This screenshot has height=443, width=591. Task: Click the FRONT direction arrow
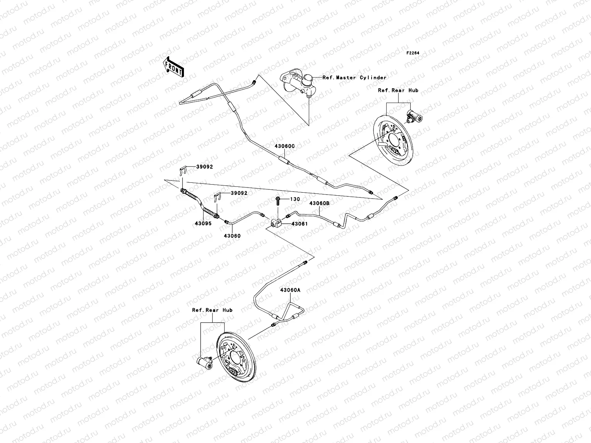click(173, 67)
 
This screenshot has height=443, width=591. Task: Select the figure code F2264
click(413, 53)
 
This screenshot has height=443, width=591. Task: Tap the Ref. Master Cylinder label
click(354, 78)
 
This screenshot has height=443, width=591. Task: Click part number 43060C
click(284, 146)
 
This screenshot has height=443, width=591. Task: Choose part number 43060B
click(320, 203)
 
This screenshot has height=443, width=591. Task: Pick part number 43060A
click(290, 290)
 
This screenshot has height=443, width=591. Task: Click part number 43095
click(203, 223)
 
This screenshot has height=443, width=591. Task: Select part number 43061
click(300, 224)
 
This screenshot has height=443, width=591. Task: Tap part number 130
click(295, 199)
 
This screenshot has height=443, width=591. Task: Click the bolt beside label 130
click(278, 201)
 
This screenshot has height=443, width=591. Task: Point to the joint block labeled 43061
click(276, 223)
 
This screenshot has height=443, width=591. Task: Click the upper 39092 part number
click(205, 167)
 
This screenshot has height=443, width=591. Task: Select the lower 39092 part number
click(239, 193)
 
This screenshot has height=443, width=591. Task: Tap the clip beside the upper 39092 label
click(183, 171)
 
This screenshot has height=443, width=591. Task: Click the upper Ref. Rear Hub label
click(398, 90)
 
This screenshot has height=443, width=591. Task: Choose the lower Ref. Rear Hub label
click(212, 310)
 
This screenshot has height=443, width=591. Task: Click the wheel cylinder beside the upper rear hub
click(414, 116)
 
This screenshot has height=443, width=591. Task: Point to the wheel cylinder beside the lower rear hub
click(205, 362)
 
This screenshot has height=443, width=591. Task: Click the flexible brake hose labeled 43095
click(200, 204)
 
